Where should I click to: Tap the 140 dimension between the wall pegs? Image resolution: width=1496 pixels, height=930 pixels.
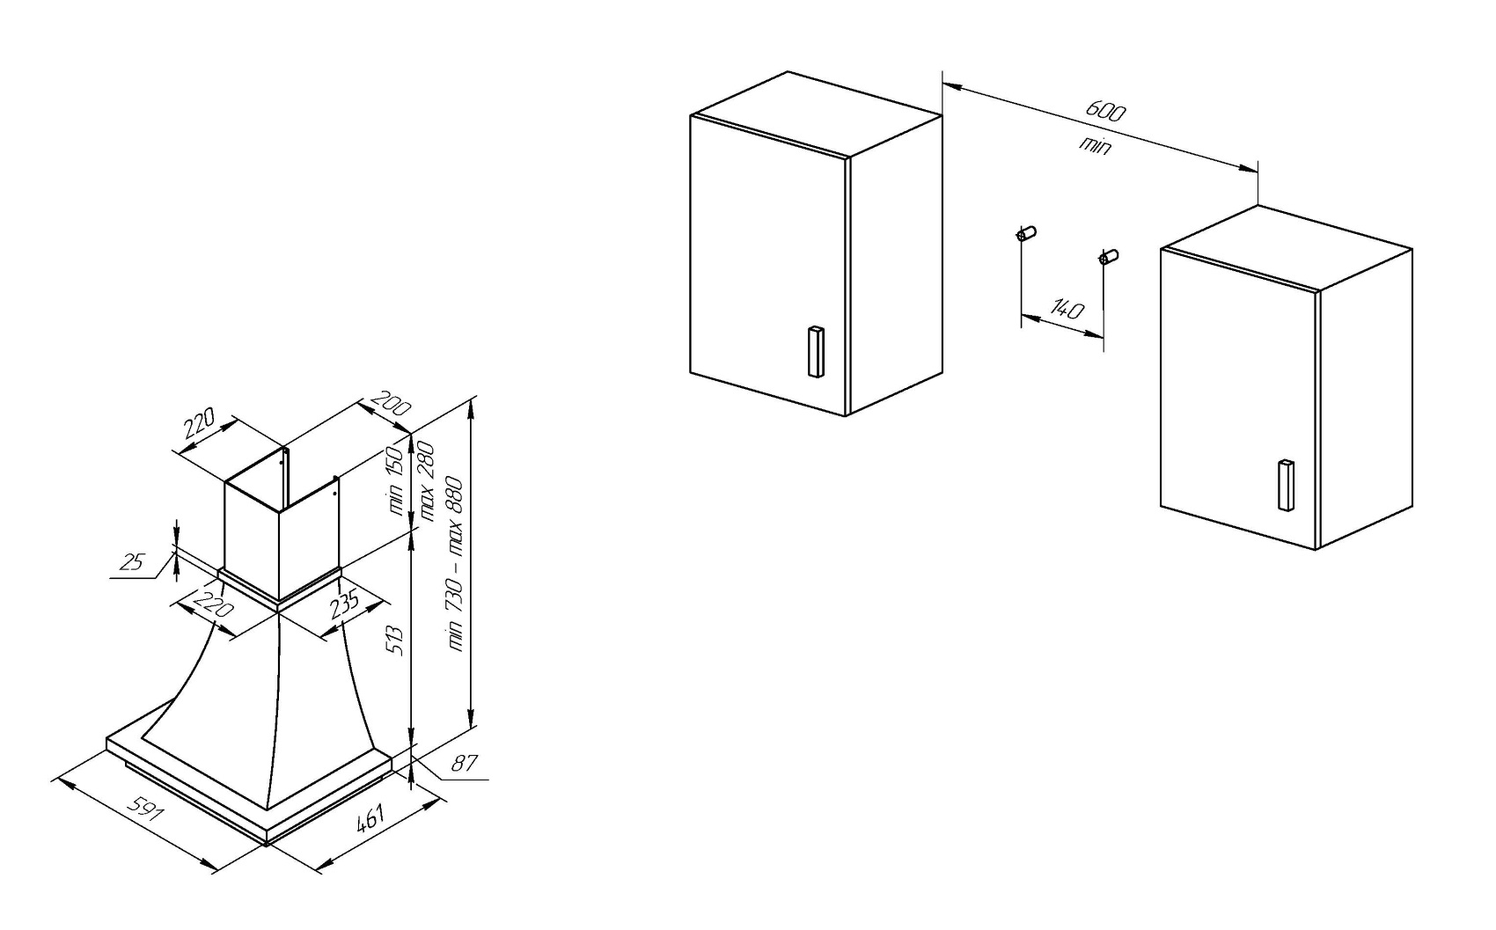point(1067,310)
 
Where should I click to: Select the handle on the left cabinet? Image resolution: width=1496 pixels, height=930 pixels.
point(816,352)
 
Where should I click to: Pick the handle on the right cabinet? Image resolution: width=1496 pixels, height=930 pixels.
point(1286,485)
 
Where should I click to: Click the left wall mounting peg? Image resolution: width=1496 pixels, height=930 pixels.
point(1026,233)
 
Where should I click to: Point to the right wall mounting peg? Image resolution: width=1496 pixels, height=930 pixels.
point(1108,257)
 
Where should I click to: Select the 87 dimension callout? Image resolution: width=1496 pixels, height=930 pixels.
point(464,764)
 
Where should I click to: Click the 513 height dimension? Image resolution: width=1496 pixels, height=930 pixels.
point(396,639)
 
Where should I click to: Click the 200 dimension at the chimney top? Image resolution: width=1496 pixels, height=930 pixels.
point(390,404)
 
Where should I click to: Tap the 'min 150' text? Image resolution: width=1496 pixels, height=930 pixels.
point(395,480)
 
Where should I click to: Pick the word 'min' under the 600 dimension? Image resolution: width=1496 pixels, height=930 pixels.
point(1096,144)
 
